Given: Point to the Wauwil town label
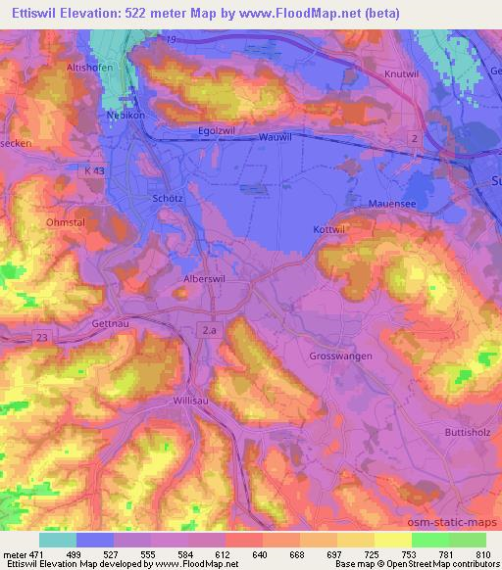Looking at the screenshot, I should pos(276,139).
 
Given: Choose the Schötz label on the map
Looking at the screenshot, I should pos(170,197).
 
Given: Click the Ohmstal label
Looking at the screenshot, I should pos(66,222).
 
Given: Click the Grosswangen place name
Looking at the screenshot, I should pos(339,357).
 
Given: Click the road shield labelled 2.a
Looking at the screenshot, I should pos(209,331).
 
